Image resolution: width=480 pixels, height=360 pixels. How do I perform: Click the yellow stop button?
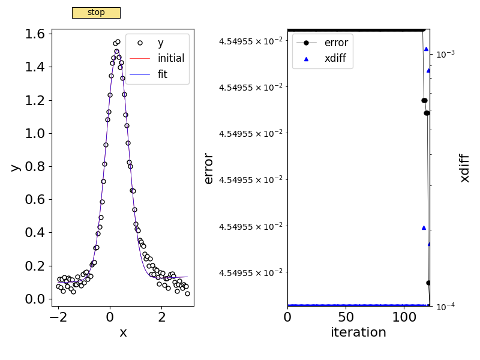(x=96, y=13)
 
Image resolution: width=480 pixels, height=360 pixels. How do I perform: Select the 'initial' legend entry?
(x=170, y=59)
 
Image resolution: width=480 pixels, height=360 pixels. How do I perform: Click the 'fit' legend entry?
(x=163, y=74)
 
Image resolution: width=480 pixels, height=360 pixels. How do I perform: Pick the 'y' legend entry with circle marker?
(x=160, y=43)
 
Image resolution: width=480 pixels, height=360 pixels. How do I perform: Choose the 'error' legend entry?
(x=335, y=43)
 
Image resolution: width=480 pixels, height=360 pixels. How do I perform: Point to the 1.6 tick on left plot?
(x=35, y=34)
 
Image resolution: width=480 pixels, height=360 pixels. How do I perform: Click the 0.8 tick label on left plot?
(x=35, y=166)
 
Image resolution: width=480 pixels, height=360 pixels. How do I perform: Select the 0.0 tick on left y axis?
(x=35, y=299)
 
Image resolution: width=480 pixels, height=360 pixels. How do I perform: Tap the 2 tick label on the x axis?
(x=162, y=316)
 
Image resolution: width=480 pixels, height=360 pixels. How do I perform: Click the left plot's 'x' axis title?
(x=123, y=332)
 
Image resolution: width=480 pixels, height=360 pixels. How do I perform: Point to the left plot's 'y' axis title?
(x=15, y=167)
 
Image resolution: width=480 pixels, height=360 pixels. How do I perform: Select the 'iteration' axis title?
(x=358, y=332)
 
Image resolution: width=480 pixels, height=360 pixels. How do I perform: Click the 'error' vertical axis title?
(x=209, y=168)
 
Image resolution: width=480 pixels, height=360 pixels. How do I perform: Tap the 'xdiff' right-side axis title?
(x=464, y=168)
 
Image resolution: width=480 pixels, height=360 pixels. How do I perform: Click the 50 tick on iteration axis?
(x=346, y=316)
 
